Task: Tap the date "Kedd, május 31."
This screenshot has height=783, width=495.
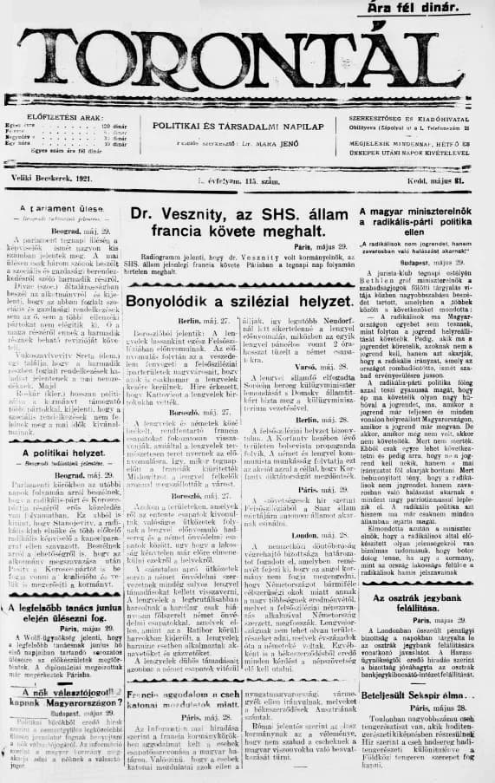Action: [x=448, y=179]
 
